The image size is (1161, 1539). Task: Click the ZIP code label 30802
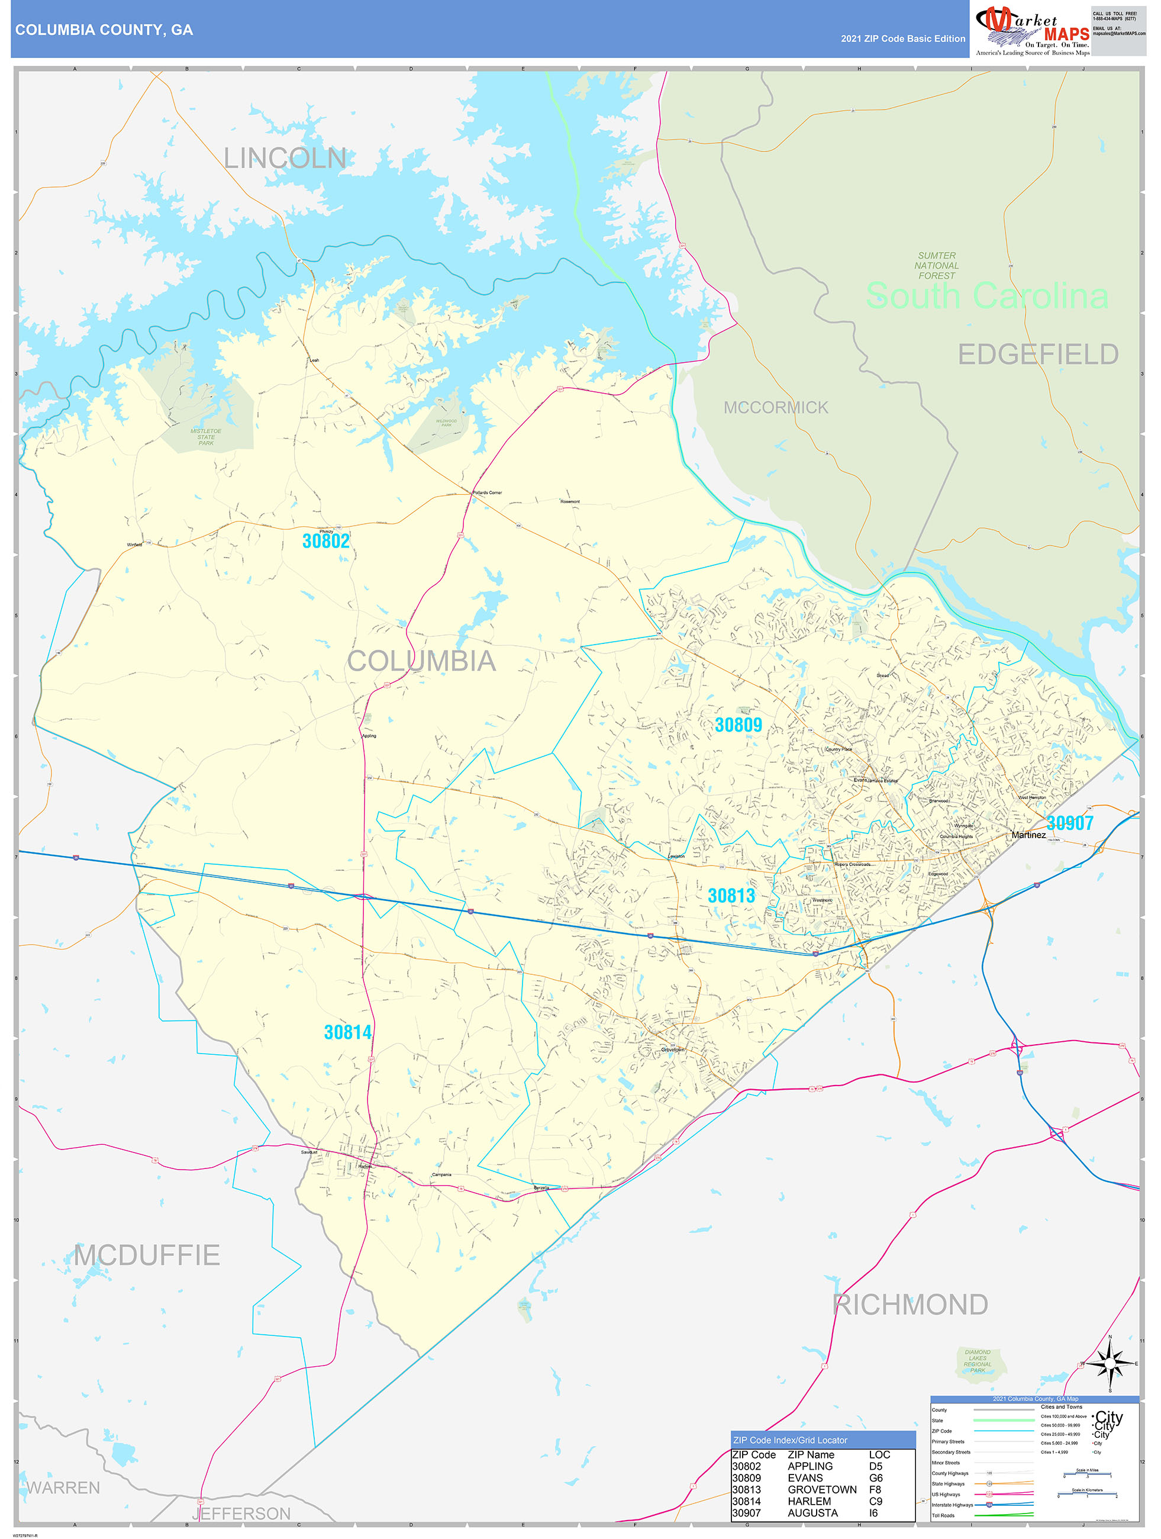coord(325,541)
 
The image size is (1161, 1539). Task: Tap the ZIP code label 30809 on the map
coord(738,725)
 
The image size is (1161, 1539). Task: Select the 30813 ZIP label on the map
coord(731,896)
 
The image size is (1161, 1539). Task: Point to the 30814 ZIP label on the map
coord(348,1032)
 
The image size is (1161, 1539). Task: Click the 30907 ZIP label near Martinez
coord(1070,823)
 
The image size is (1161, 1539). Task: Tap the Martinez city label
coord(1028,835)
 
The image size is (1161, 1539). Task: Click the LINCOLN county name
coord(285,159)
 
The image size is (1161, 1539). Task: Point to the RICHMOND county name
coord(910,1305)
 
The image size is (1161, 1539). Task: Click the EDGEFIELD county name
coord(1038,355)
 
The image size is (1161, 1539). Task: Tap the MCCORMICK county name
coord(776,408)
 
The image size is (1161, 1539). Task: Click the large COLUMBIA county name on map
coord(421,662)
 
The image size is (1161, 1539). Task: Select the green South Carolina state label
coord(986,297)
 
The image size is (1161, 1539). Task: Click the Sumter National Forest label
coord(936,266)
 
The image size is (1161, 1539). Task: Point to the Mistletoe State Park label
coord(206,437)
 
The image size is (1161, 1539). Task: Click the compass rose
coord(1110,1363)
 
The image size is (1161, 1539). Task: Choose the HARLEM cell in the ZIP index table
coord(809,1502)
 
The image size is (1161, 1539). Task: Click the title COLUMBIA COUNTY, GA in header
coord(104,30)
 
